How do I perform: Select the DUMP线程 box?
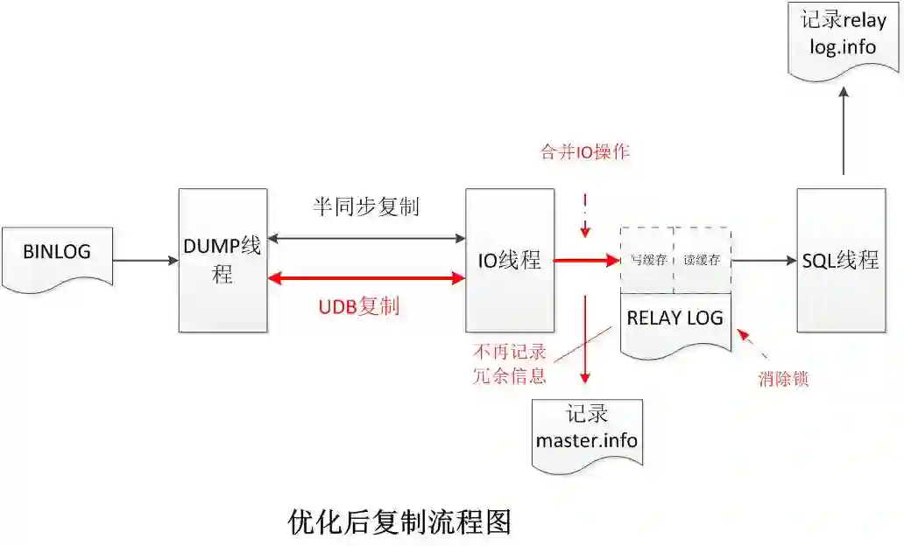tap(222, 260)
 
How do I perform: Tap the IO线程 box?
tap(509, 260)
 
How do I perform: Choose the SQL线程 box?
tap(840, 260)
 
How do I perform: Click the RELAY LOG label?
tap(674, 318)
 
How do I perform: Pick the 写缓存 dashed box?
tap(647, 260)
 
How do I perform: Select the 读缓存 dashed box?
tap(702, 260)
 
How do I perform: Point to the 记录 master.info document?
tap(587, 428)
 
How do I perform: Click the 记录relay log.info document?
tap(844, 36)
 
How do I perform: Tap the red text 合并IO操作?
tap(584, 151)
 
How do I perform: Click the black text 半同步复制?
tap(365, 206)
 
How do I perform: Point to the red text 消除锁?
tap(782, 380)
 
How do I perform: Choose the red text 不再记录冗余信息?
tap(510, 364)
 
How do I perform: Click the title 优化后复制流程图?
tap(399, 521)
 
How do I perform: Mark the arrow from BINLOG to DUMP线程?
tap(145, 260)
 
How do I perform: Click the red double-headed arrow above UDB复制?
tap(366, 278)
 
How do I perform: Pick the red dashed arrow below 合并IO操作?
tap(585, 215)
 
